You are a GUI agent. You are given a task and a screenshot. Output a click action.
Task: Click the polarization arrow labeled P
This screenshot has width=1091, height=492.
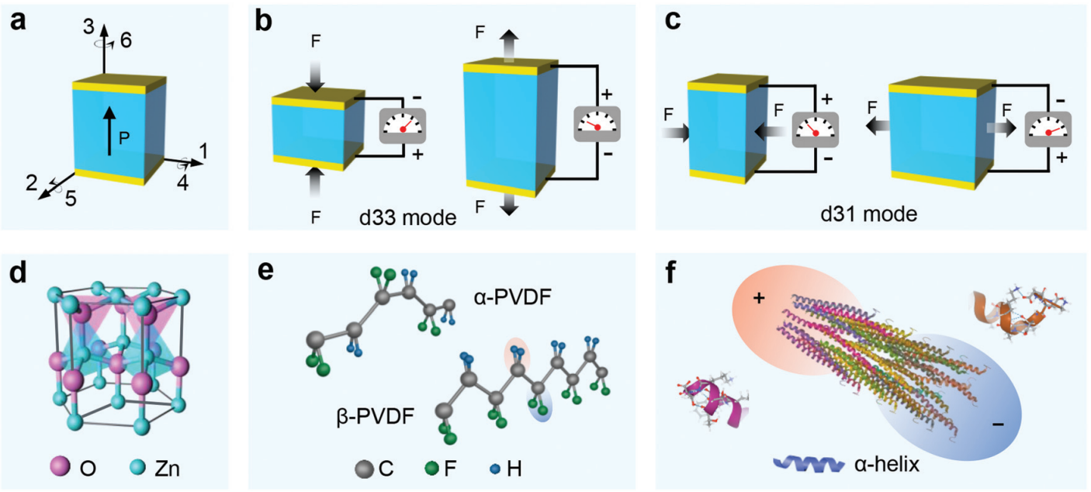click(109, 128)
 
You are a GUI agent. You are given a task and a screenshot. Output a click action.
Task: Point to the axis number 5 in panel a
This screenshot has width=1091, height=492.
click(70, 199)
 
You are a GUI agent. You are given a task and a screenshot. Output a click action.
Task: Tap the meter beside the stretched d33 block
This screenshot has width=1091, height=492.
click(597, 124)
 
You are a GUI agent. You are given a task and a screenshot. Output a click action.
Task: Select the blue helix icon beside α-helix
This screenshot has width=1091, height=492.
click(808, 464)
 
